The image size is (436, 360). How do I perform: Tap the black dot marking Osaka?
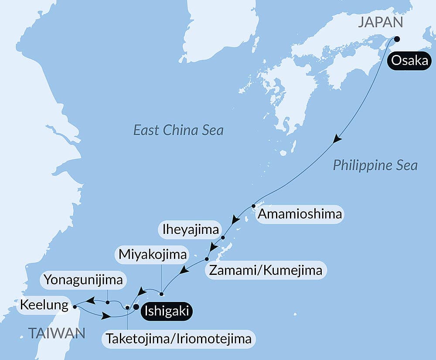(x=397, y=38)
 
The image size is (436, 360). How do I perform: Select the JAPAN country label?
(x=380, y=23)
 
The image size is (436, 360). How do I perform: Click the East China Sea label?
(x=178, y=130)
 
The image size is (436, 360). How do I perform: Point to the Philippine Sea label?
(x=375, y=165)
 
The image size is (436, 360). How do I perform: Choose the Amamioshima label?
(x=300, y=215)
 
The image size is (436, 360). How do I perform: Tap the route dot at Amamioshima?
(x=253, y=206)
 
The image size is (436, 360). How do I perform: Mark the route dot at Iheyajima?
(x=223, y=238)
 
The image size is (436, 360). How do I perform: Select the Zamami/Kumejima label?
(x=266, y=271)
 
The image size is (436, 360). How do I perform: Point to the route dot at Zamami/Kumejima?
(x=207, y=260)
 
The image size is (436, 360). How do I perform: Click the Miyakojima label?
(x=152, y=254)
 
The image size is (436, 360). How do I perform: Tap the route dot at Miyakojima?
(x=161, y=293)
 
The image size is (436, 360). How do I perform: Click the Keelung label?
(x=44, y=305)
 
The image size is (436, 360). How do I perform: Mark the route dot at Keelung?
(x=75, y=307)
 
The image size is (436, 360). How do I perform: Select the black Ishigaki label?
(x=166, y=312)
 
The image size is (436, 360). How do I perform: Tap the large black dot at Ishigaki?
(x=136, y=307)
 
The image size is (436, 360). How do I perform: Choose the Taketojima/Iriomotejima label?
(x=178, y=339)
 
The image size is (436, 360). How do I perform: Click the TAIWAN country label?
(x=57, y=334)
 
